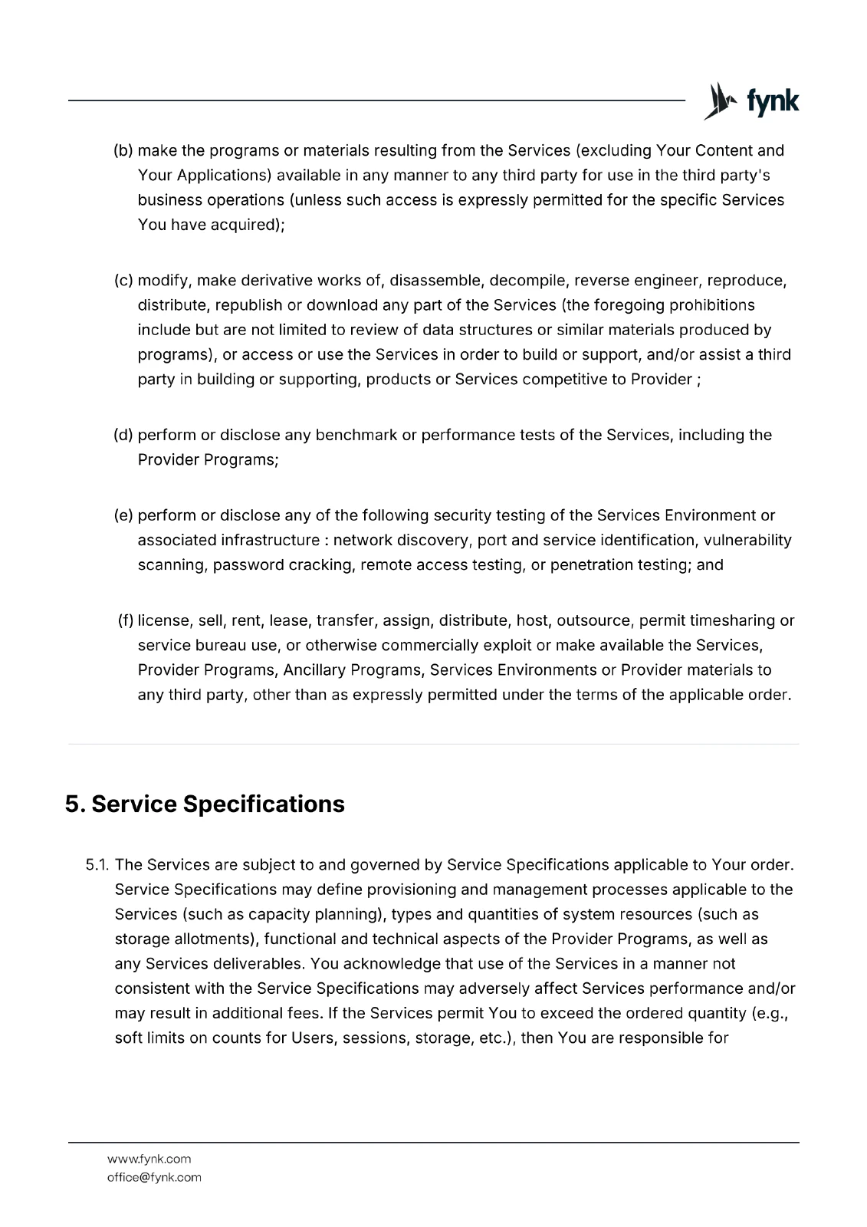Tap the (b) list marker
tap(123, 150)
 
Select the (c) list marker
tap(123, 280)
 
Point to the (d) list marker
tap(123, 435)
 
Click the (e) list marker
tap(123, 515)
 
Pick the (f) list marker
tap(126, 620)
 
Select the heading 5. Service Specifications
tap(205, 804)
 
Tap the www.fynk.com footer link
tap(149, 1159)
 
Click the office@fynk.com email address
tap(154, 1177)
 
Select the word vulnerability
tap(748, 540)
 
